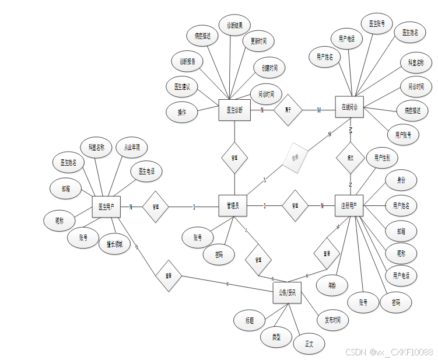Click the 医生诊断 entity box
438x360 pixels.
pyautogui.click(x=234, y=110)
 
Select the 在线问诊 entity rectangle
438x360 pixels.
pyautogui.click(x=349, y=107)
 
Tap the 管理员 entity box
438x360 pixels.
pyautogui.click(x=233, y=205)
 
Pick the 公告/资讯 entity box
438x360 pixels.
pyautogui.click(x=286, y=293)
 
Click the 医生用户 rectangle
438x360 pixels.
pyautogui.click(x=106, y=207)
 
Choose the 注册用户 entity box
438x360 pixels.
pyautogui.click(x=349, y=205)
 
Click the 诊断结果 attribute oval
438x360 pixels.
pyautogui.click(x=238, y=26)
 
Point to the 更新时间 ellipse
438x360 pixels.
pyautogui.click(x=258, y=42)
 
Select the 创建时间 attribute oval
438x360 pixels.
pyautogui.click(x=269, y=68)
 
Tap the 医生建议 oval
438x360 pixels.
pyautogui.click(x=182, y=86)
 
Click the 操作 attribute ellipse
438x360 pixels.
pyautogui.click(x=182, y=112)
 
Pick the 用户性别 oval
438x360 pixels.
pyautogui.click(x=383, y=158)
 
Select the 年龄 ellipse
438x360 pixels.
pyautogui.click(x=332, y=285)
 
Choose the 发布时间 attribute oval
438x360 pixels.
pyautogui.click(x=332, y=320)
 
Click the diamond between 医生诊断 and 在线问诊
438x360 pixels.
pyautogui.click(x=288, y=110)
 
